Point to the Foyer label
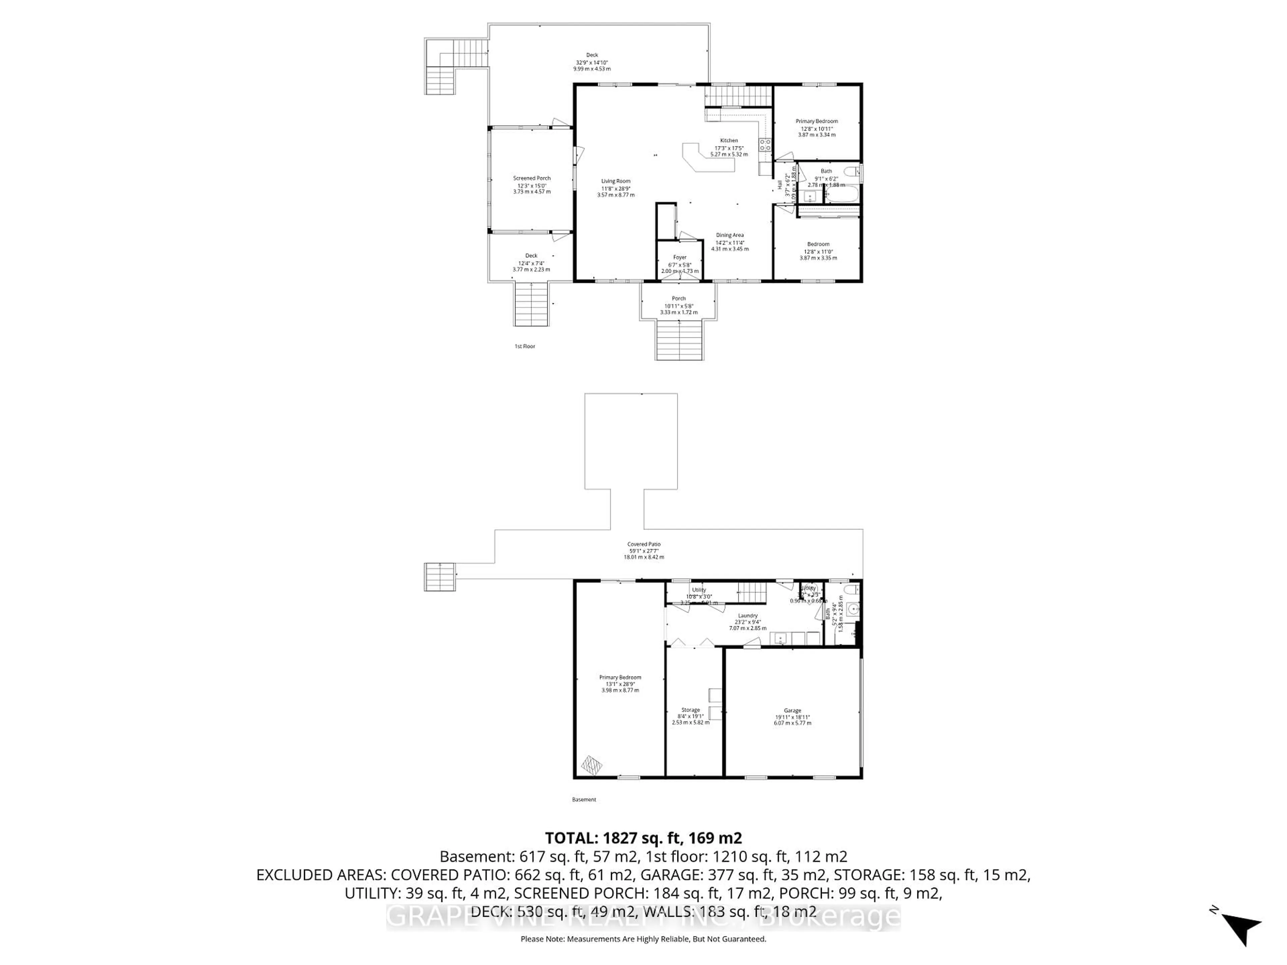(680, 257)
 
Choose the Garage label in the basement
(792, 711)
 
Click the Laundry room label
(748, 616)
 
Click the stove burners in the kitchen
(764, 145)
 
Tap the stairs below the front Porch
(680, 340)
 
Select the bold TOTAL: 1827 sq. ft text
(643, 838)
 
